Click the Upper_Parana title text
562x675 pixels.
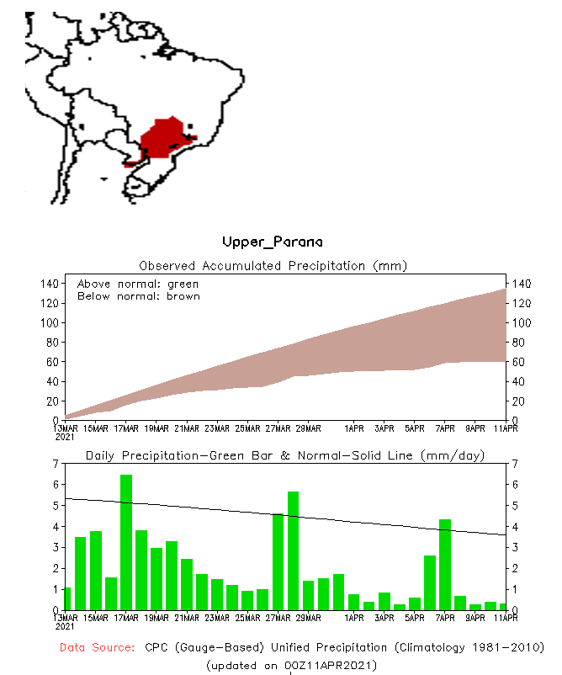tap(272, 242)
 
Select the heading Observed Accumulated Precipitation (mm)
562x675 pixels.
tap(273, 265)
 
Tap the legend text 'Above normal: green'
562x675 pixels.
tap(138, 284)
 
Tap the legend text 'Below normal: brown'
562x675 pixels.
tap(138, 296)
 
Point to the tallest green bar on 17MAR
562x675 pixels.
tap(126, 543)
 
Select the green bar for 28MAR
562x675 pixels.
tap(294, 551)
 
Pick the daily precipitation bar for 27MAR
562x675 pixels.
tap(278, 561)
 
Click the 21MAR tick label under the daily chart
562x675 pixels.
tap(187, 618)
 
